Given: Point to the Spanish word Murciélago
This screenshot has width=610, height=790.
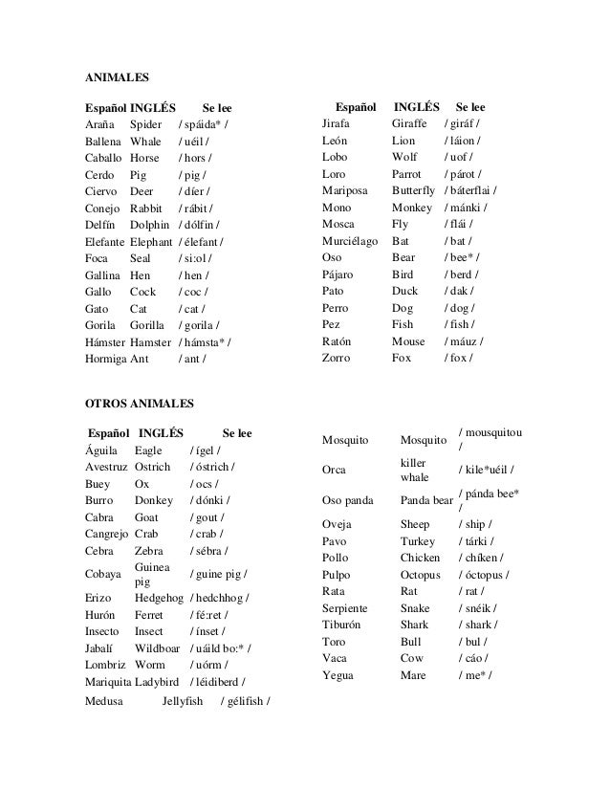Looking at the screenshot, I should coord(351,241).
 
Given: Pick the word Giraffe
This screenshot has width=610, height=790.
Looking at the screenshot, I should coord(412,125).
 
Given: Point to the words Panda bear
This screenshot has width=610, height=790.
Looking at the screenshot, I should coord(426,499).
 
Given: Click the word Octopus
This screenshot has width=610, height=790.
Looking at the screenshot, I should coord(421,575).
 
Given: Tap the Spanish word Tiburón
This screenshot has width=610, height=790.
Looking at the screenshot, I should coord(345,625).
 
